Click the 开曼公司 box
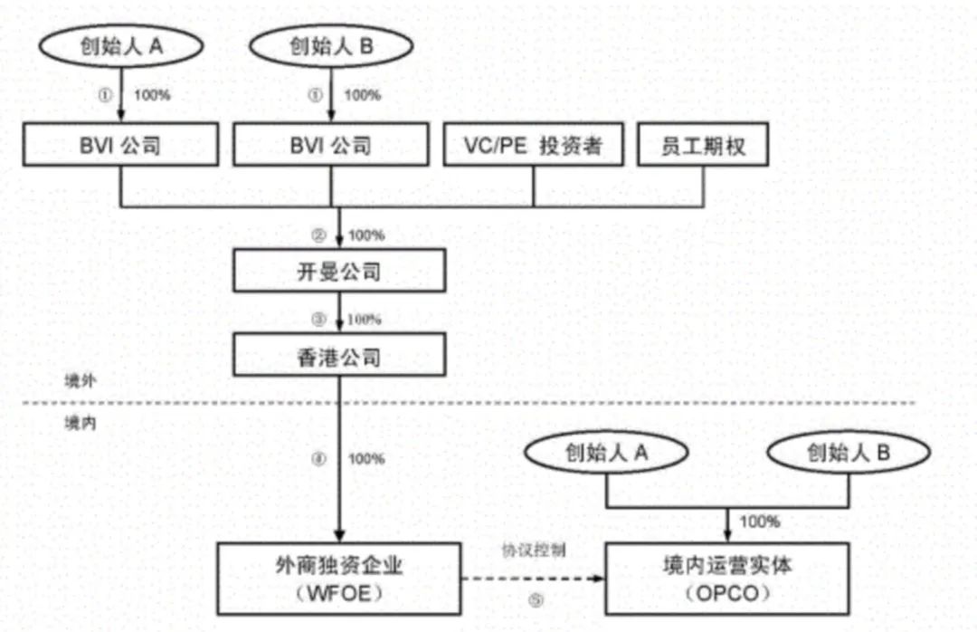pos(339,273)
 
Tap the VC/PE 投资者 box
pos(533,146)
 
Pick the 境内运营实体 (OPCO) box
pos(727,579)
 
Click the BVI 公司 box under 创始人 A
pos(120,146)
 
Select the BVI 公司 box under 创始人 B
pos(330,146)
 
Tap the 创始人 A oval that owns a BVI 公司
pos(120,47)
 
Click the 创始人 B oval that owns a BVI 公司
pos(330,47)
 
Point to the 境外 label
pos(81,381)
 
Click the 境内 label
pos(81,423)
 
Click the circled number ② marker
pos(318,235)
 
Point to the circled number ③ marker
pos(318,320)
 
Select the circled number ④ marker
pos(318,459)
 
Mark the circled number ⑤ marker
pos(536,600)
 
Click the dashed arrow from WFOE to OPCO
pos(534,579)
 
